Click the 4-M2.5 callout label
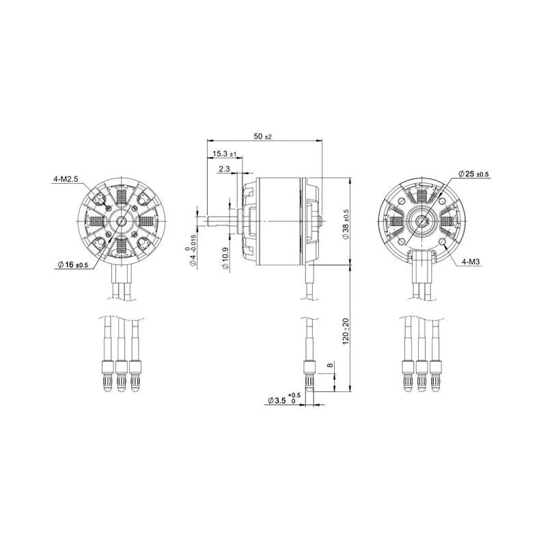coord(66,179)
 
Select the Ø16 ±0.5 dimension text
coord(73,264)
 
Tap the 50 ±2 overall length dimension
coord(262,137)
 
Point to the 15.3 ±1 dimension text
coord(224,154)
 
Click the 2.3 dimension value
coord(224,169)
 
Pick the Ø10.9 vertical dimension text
coord(225,258)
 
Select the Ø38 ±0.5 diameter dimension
coord(346,224)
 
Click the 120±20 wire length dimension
coord(346,331)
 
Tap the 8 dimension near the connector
coord(330,365)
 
